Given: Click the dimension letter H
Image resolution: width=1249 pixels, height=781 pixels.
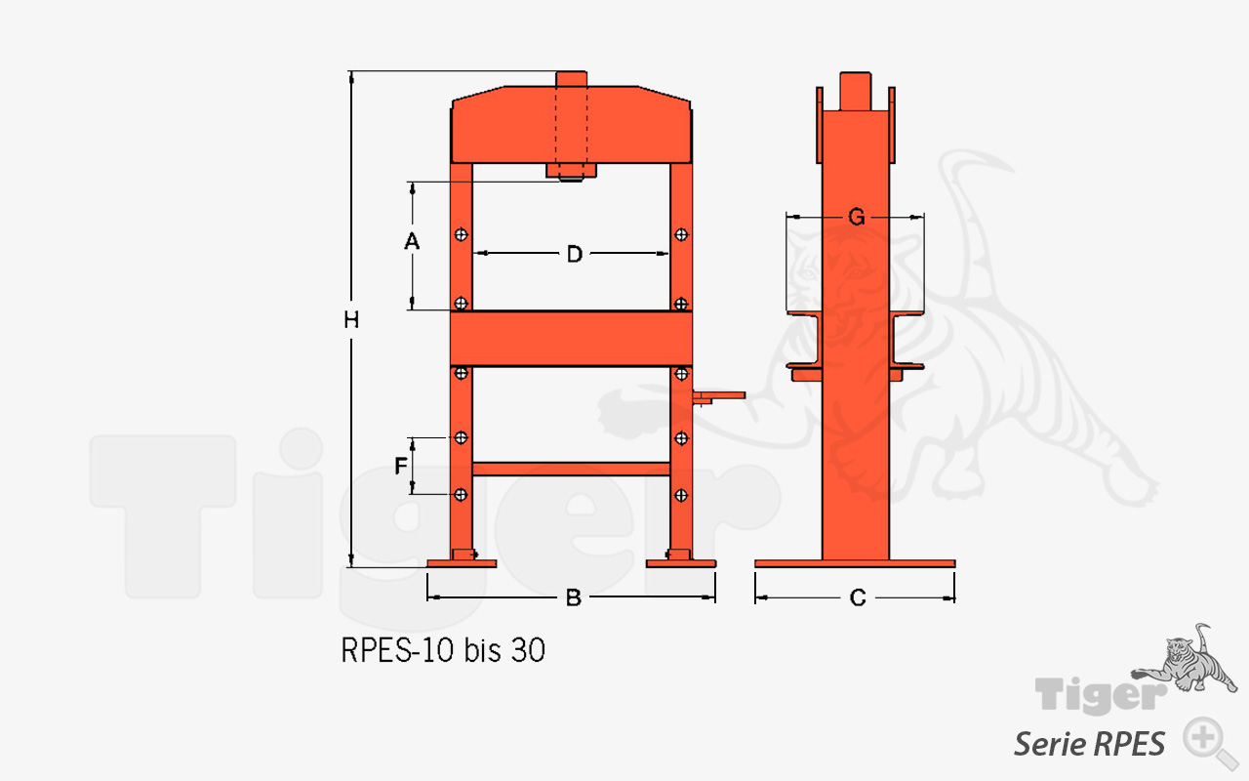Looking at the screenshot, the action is click(x=351, y=319).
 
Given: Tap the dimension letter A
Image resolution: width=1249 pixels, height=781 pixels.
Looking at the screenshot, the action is click(x=412, y=241).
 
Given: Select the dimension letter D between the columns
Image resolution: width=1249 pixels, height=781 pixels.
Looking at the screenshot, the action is click(x=575, y=254).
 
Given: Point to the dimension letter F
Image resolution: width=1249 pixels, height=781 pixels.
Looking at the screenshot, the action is click(x=400, y=466).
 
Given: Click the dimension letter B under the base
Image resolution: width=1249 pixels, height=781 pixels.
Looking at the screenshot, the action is click(x=573, y=597).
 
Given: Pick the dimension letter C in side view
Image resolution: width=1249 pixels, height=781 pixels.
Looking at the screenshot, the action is click(x=858, y=598).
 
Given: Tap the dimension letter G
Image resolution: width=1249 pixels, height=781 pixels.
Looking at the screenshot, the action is click(x=856, y=217).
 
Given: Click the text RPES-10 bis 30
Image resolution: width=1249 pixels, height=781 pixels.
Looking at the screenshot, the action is click(x=443, y=650).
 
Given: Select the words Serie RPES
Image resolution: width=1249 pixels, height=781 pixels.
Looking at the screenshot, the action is click(x=1089, y=744).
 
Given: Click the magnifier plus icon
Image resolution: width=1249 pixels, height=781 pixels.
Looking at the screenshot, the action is click(x=1204, y=739).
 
